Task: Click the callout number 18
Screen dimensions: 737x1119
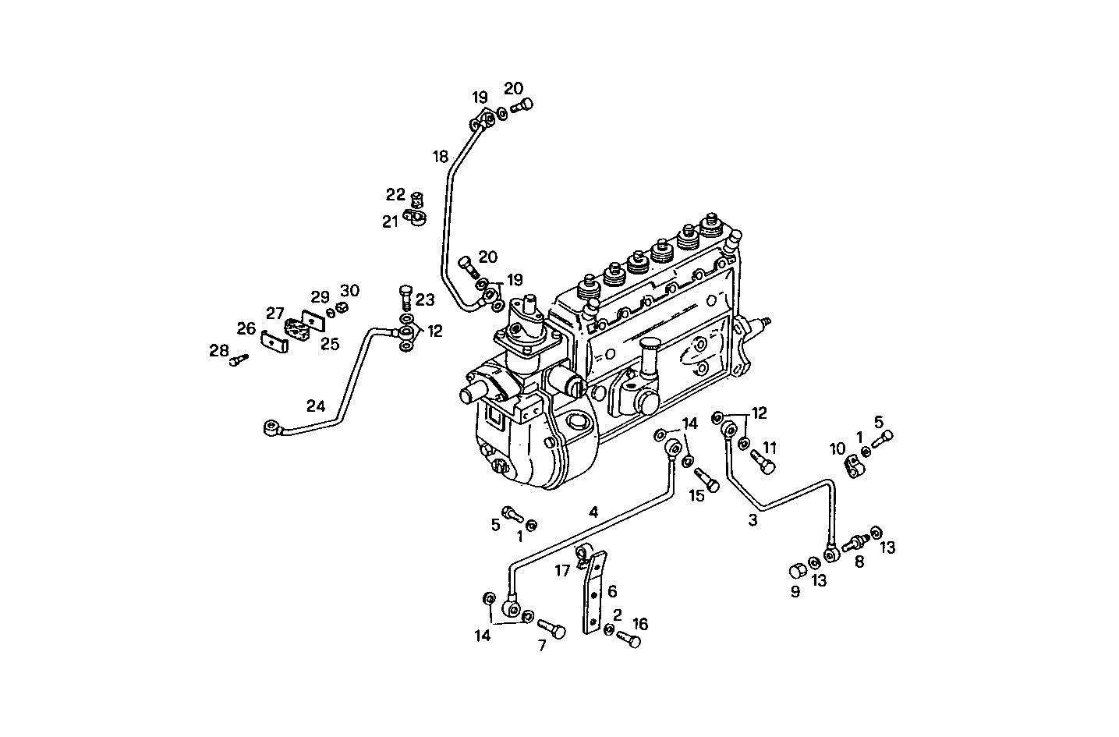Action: (441, 157)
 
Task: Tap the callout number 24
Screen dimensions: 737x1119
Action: (315, 406)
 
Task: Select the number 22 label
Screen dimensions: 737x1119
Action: (395, 194)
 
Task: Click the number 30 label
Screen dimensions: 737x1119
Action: (349, 291)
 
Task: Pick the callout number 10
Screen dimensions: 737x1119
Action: (837, 448)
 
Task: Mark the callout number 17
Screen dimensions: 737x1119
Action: (562, 571)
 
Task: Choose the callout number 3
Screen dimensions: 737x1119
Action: (752, 520)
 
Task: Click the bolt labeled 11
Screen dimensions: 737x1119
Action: (763, 462)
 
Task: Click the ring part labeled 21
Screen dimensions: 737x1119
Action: (417, 218)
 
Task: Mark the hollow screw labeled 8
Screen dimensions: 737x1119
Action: (855, 540)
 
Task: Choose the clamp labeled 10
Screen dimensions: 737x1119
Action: (855, 466)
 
